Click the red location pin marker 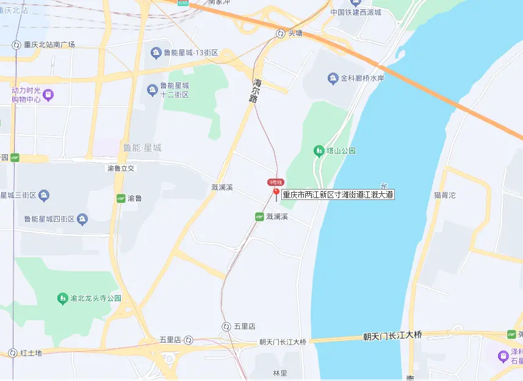point(276,194)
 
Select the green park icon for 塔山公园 point(318,150)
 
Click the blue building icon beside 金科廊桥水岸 point(333,78)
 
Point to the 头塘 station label point(295,34)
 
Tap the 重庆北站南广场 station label point(49,45)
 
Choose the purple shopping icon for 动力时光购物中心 point(48,94)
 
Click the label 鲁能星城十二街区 point(174,90)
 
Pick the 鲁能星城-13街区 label point(185,52)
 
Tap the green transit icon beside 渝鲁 point(121,198)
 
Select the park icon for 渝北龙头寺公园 point(62,298)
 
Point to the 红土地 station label point(31,353)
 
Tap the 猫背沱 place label point(444,195)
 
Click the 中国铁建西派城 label point(364,12)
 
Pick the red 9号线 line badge point(276,182)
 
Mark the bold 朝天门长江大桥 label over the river point(392,336)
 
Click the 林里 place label point(280,372)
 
